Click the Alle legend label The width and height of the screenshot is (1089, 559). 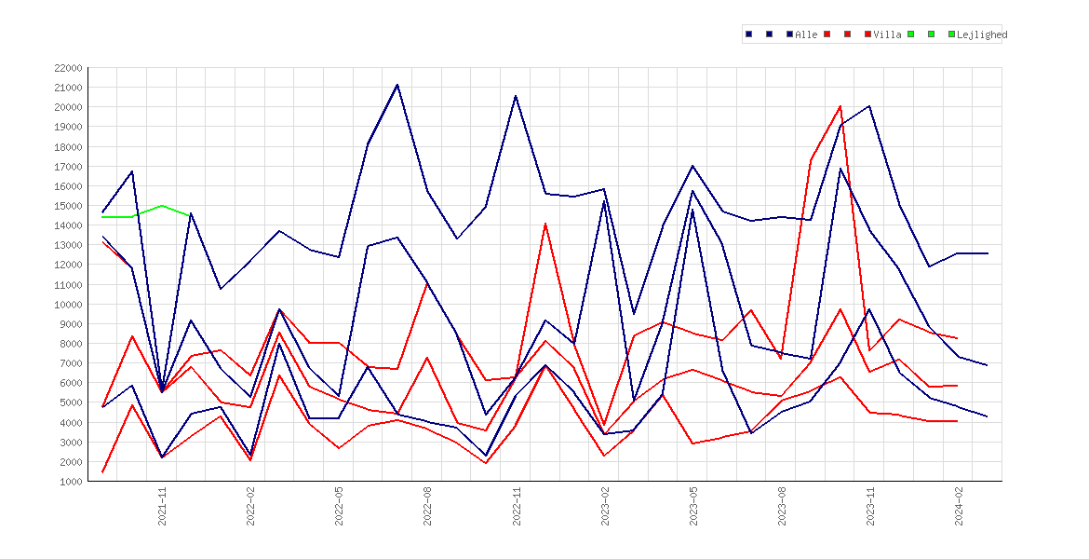806,34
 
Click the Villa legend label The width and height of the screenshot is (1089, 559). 888,34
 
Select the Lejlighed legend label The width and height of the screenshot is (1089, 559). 982,34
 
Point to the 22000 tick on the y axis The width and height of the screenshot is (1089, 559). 67,68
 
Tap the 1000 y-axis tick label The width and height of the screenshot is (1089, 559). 70,481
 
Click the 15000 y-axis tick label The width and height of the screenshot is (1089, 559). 67,206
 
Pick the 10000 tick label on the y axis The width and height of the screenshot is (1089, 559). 67,304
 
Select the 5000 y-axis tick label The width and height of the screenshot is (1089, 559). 70,402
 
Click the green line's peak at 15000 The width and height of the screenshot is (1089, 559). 162,206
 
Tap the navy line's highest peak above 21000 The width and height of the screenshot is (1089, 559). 397,85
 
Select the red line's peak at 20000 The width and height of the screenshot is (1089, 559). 840,106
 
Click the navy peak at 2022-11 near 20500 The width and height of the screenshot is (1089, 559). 516,96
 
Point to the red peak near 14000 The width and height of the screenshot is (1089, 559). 545,224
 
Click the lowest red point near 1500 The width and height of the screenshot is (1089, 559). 102,472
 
